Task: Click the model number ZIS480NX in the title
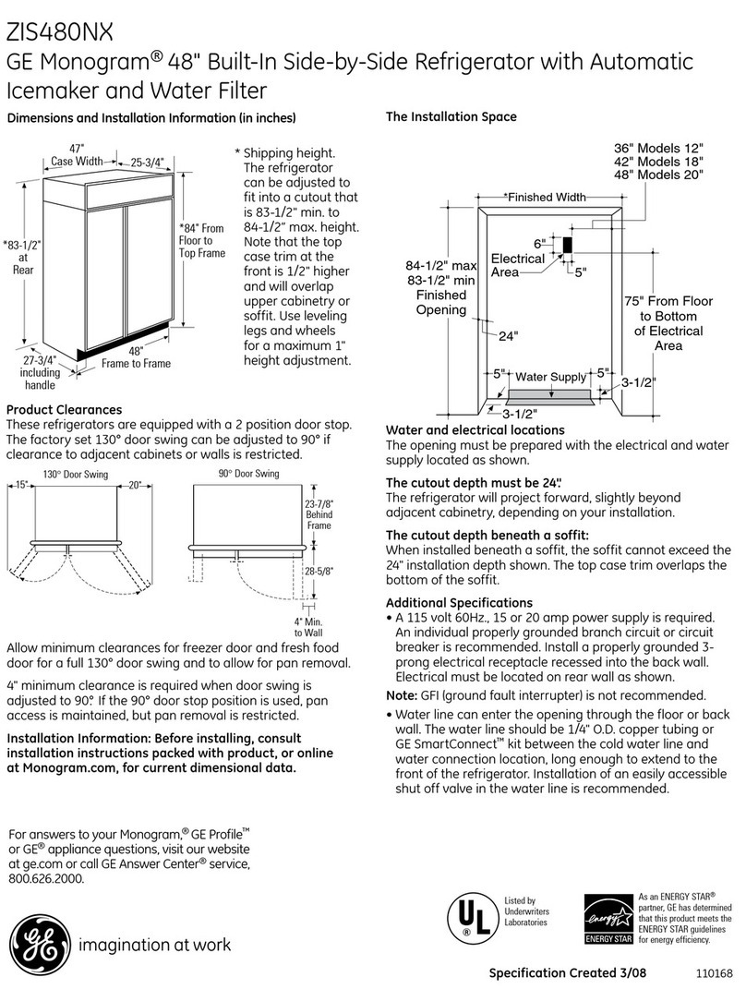[x=60, y=33]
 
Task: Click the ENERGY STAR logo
[x=608, y=920]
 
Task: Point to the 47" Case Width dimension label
[x=78, y=155]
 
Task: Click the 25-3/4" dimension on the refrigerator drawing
[x=147, y=163]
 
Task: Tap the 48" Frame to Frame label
[x=136, y=357]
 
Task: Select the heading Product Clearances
[x=65, y=409]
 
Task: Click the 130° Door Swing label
[x=75, y=475]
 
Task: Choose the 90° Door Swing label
[x=248, y=474]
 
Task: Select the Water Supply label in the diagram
[x=550, y=377]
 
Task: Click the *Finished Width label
[x=544, y=197]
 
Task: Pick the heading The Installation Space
[x=451, y=117]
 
